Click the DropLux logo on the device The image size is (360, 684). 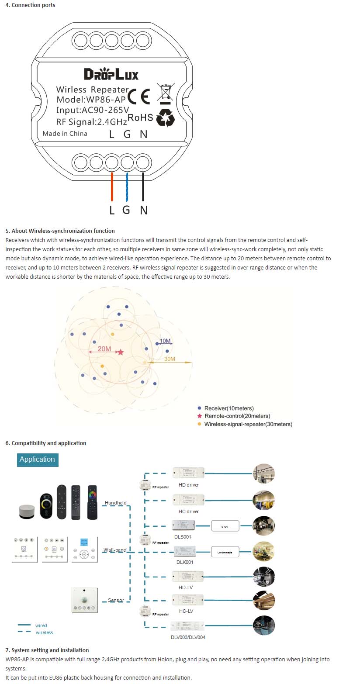[111, 74]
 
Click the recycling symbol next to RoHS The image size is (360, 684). [166, 117]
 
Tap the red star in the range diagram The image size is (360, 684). [121, 352]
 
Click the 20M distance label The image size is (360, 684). [104, 349]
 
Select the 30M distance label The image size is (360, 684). [170, 359]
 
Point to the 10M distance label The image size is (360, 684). [165, 341]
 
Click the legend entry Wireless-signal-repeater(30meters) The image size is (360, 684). [248, 424]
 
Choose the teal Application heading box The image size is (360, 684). [38, 459]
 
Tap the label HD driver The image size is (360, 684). [189, 485]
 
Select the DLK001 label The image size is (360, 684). [185, 562]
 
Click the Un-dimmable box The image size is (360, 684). [225, 553]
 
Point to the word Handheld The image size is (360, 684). [115, 503]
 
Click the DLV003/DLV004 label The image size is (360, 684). [188, 637]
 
